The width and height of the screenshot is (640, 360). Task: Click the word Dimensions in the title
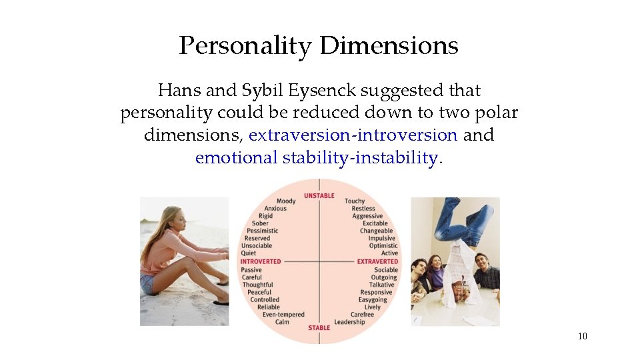389,46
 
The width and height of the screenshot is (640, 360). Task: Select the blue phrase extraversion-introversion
353,135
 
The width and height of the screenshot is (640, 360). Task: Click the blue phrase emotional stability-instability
317,158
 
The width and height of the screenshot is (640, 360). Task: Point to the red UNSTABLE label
319,195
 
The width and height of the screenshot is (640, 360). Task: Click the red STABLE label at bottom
319,327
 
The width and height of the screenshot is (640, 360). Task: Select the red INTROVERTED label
261,262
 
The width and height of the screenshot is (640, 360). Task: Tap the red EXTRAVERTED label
377,262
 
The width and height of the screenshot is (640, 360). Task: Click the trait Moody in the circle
286,201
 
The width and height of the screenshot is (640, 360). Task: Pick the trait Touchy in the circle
355,201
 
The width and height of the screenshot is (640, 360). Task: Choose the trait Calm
282,322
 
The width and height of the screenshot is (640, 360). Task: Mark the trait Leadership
350,322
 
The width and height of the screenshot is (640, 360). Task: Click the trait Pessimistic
262,231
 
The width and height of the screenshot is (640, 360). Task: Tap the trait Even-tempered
283,315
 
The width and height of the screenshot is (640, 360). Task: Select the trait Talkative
382,285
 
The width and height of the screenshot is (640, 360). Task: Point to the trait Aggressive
367,216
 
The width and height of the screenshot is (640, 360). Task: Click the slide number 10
583,337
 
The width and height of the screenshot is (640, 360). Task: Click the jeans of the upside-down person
467,220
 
